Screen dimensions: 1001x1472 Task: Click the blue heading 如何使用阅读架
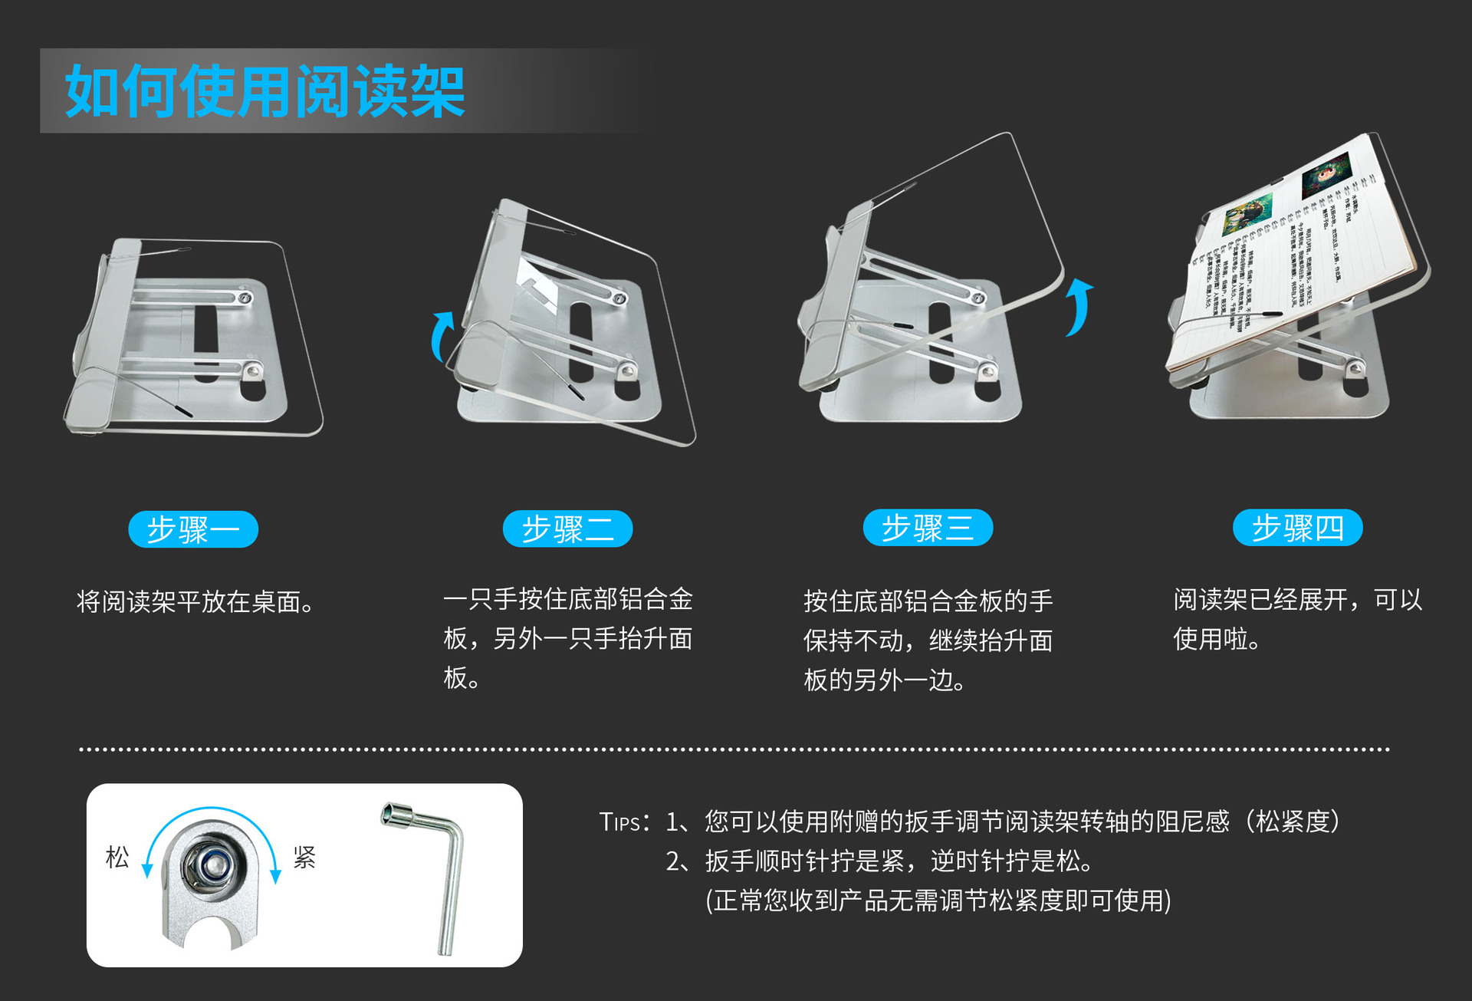click(264, 91)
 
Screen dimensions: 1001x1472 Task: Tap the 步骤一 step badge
click(193, 529)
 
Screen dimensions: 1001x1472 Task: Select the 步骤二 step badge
click(567, 528)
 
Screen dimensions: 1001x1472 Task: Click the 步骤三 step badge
click(928, 528)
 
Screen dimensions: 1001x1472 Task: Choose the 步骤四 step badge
click(1297, 528)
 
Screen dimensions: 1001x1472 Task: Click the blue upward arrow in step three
click(1079, 307)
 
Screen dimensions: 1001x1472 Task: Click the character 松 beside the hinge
click(117, 857)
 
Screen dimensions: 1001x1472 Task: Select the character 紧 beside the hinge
click(304, 857)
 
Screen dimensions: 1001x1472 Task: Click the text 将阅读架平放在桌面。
click(196, 602)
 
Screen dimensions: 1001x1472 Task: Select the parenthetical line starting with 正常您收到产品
click(938, 901)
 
